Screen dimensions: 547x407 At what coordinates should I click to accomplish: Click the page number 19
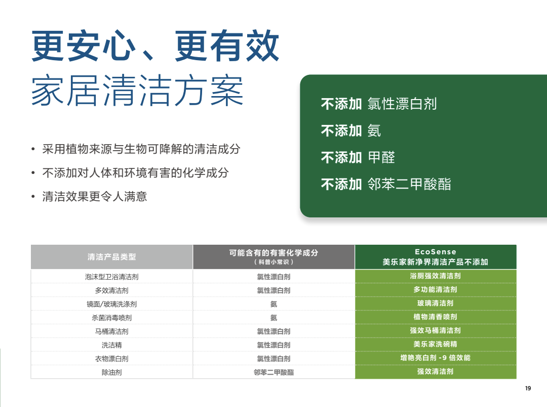point(528,388)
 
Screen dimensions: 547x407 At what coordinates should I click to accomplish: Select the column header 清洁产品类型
point(111,257)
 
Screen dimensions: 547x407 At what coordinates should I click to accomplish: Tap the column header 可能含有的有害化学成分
point(273,253)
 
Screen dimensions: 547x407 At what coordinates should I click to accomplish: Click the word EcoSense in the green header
point(436,252)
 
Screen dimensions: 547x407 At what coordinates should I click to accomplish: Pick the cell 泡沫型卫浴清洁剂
point(111,277)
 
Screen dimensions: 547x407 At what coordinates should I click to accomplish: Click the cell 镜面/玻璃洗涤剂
point(111,304)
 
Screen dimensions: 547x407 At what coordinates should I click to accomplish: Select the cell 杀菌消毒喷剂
point(111,318)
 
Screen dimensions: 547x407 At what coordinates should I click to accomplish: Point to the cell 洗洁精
point(111,345)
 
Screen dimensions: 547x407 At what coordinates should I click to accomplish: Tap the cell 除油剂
point(111,372)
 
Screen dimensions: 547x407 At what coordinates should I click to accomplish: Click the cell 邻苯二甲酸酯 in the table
point(273,372)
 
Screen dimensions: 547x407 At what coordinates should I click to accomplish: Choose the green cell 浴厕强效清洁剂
point(436,276)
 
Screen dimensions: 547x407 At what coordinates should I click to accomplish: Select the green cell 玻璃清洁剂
point(436,303)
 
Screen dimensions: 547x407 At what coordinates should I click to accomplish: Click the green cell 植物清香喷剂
point(436,317)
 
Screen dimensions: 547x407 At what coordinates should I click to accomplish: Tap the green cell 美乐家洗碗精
point(436,344)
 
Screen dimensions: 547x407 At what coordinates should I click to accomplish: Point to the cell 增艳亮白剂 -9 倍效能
point(436,357)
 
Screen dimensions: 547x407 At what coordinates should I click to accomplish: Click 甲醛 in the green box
point(381,157)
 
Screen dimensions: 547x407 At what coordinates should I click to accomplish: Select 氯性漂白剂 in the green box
point(402,104)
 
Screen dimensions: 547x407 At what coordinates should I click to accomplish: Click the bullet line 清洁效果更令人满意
point(95,196)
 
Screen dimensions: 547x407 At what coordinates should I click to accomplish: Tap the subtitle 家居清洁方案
point(137,90)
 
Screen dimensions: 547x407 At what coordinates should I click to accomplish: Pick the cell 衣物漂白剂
point(111,358)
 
